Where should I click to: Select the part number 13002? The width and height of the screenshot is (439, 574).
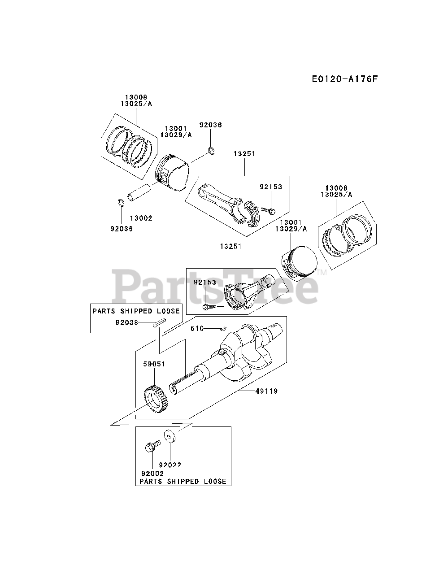141,218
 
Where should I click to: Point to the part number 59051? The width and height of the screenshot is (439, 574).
155,364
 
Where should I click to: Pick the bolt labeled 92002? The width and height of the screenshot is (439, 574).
151,447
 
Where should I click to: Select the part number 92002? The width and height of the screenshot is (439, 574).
152,473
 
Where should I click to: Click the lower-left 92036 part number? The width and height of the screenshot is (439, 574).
122,228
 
